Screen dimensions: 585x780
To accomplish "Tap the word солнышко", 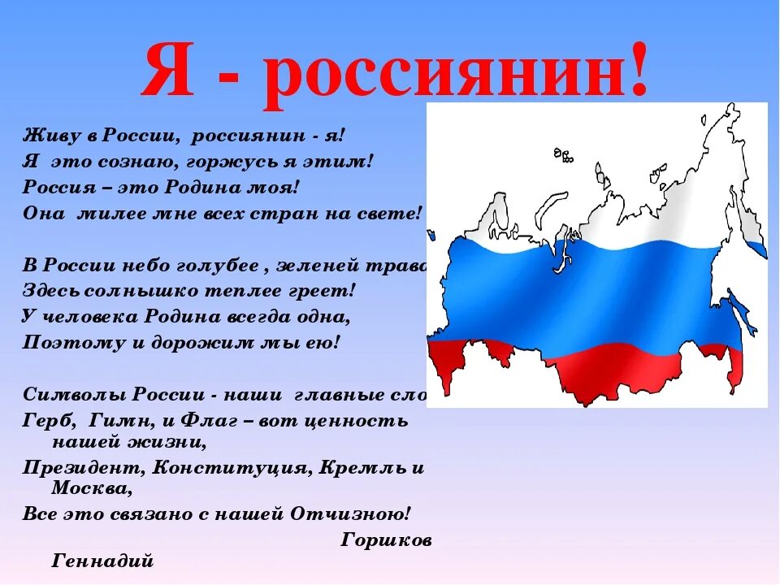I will click(x=133, y=289).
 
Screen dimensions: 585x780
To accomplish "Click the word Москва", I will click(x=89, y=488).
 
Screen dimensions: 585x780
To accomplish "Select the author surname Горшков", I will click(x=387, y=540).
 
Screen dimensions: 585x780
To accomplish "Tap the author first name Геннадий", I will click(x=102, y=560).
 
